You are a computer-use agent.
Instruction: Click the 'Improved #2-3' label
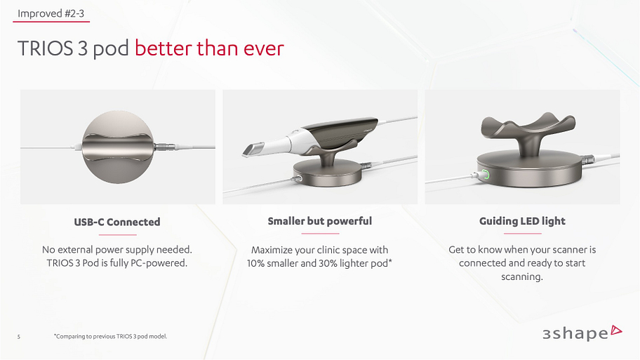click(51, 13)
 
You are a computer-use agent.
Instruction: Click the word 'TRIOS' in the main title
click(46, 48)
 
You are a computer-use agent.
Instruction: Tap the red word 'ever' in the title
click(264, 48)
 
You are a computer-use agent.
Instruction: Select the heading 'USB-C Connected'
click(117, 222)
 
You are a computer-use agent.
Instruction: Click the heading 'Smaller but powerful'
click(319, 221)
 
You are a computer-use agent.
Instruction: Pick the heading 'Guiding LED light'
click(522, 221)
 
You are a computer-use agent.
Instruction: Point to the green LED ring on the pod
click(486, 175)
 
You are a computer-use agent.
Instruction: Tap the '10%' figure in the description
click(256, 263)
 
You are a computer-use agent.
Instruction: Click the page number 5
click(19, 337)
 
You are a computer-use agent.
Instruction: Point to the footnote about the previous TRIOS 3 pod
click(110, 336)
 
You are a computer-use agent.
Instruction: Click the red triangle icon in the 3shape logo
click(616, 331)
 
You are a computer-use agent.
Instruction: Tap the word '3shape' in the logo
click(575, 333)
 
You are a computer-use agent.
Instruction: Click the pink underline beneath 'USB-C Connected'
click(118, 234)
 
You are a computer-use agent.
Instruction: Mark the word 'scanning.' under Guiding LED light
click(522, 276)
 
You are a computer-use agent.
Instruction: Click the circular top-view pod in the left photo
click(118, 147)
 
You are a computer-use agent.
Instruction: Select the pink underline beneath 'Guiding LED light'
click(522, 234)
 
